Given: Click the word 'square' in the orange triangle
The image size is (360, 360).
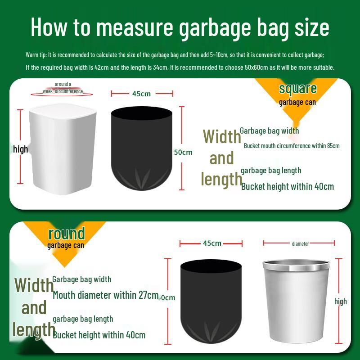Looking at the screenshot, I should pos(297,89).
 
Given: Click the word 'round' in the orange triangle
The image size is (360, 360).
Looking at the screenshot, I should pos(66,234).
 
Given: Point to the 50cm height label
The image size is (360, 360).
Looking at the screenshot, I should pos(183,152).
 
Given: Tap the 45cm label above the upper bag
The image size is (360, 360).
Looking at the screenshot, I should pos(141,94).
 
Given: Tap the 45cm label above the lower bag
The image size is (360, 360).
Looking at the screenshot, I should pos(212,243).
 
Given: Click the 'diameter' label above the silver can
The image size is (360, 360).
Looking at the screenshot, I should pos(300,244).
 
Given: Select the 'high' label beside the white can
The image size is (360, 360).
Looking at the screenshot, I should pos(20,149).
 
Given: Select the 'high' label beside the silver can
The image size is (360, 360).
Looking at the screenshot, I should pos(341,301).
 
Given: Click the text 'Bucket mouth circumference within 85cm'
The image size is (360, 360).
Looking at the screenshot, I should pos(292,146).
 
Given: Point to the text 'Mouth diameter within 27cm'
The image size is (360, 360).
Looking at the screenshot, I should pos(106,296).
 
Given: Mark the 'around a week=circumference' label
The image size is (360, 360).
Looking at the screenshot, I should pos(63,88).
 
